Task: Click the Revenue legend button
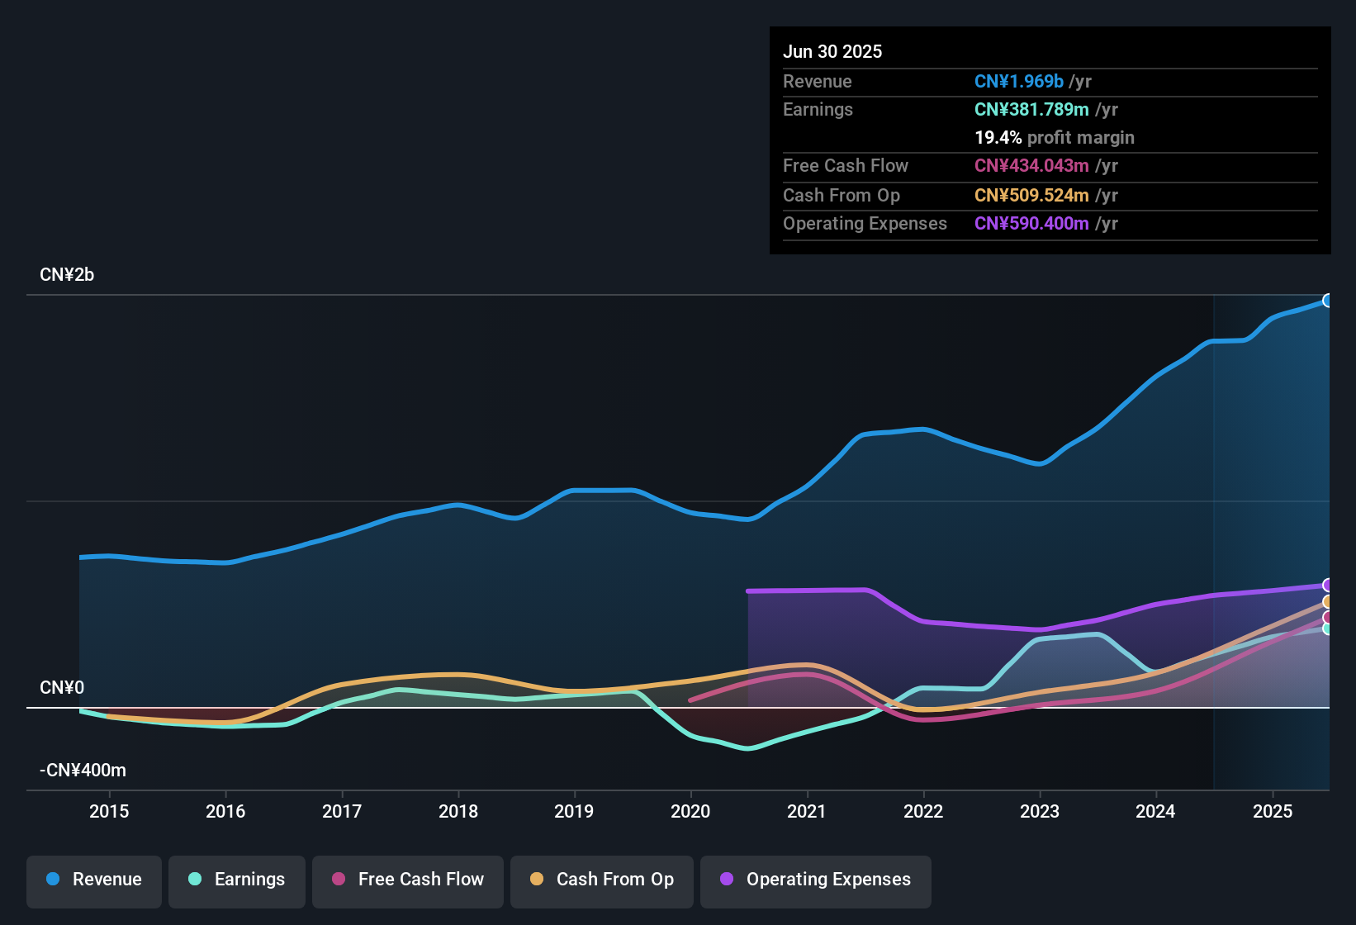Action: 94,880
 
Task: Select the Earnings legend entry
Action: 237,880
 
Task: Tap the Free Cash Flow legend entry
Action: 408,880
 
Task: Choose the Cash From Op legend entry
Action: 602,880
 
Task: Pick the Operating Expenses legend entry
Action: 816,880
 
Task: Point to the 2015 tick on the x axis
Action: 109,811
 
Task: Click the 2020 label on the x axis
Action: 690,811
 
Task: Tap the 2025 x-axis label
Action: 1273,811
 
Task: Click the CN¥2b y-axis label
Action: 67,275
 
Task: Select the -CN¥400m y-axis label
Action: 83,771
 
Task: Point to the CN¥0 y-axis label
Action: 62,688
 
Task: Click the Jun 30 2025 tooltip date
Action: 832,51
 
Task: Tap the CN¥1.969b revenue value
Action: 1018,81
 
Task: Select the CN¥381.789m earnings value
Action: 1031,109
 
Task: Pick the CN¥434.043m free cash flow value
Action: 1031,165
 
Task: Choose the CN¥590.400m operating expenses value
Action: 1031,223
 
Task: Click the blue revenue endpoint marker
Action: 1328,301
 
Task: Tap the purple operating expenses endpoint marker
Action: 1328,586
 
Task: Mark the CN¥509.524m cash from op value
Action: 1031,195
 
